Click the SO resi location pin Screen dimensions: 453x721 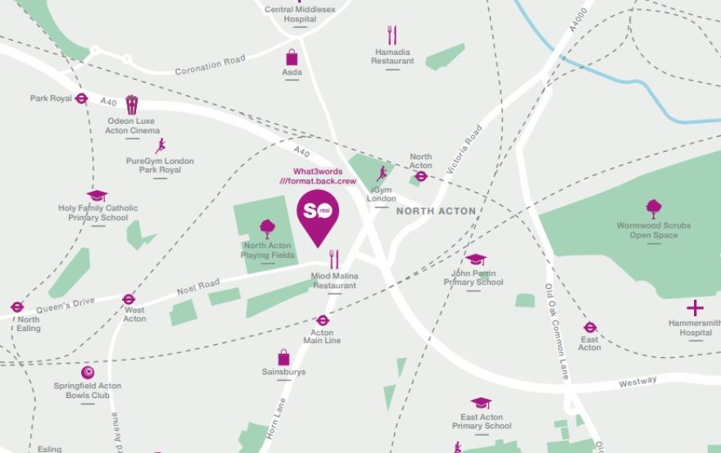click(x=316, y=212)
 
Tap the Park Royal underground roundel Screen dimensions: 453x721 click(x=81, y=98)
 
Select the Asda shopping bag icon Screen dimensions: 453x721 click(x=292, y=57)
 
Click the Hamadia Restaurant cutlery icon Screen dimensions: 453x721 click(x=392, y=34)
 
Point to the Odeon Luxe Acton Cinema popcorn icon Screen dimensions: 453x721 click(x=132, y=104)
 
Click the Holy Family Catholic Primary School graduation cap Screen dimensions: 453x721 click(x=97, y=195)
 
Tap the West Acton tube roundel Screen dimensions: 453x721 click(x=128, y=299)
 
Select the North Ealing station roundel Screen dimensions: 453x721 click(x=17, y=307)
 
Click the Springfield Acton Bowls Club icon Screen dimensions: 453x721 click(x=88, y=372)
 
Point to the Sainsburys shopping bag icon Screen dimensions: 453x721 click(x=283, y=357)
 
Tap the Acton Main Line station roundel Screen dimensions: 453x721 click(x=322, y=320)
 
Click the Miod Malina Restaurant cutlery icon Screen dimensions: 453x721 click(x=333, y=260)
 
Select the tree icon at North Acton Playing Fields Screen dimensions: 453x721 click(x=267, y=229)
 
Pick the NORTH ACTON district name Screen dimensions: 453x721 click(x=436, y=211)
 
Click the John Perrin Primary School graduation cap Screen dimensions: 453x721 click(x=474, y=259)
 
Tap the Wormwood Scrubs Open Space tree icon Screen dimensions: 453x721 click(x=654, y=208)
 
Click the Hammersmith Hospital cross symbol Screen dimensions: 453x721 click(x=695, y=308)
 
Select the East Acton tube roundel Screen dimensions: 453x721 click(x=590, y=327)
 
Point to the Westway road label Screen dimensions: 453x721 click(x=638, y=381)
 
